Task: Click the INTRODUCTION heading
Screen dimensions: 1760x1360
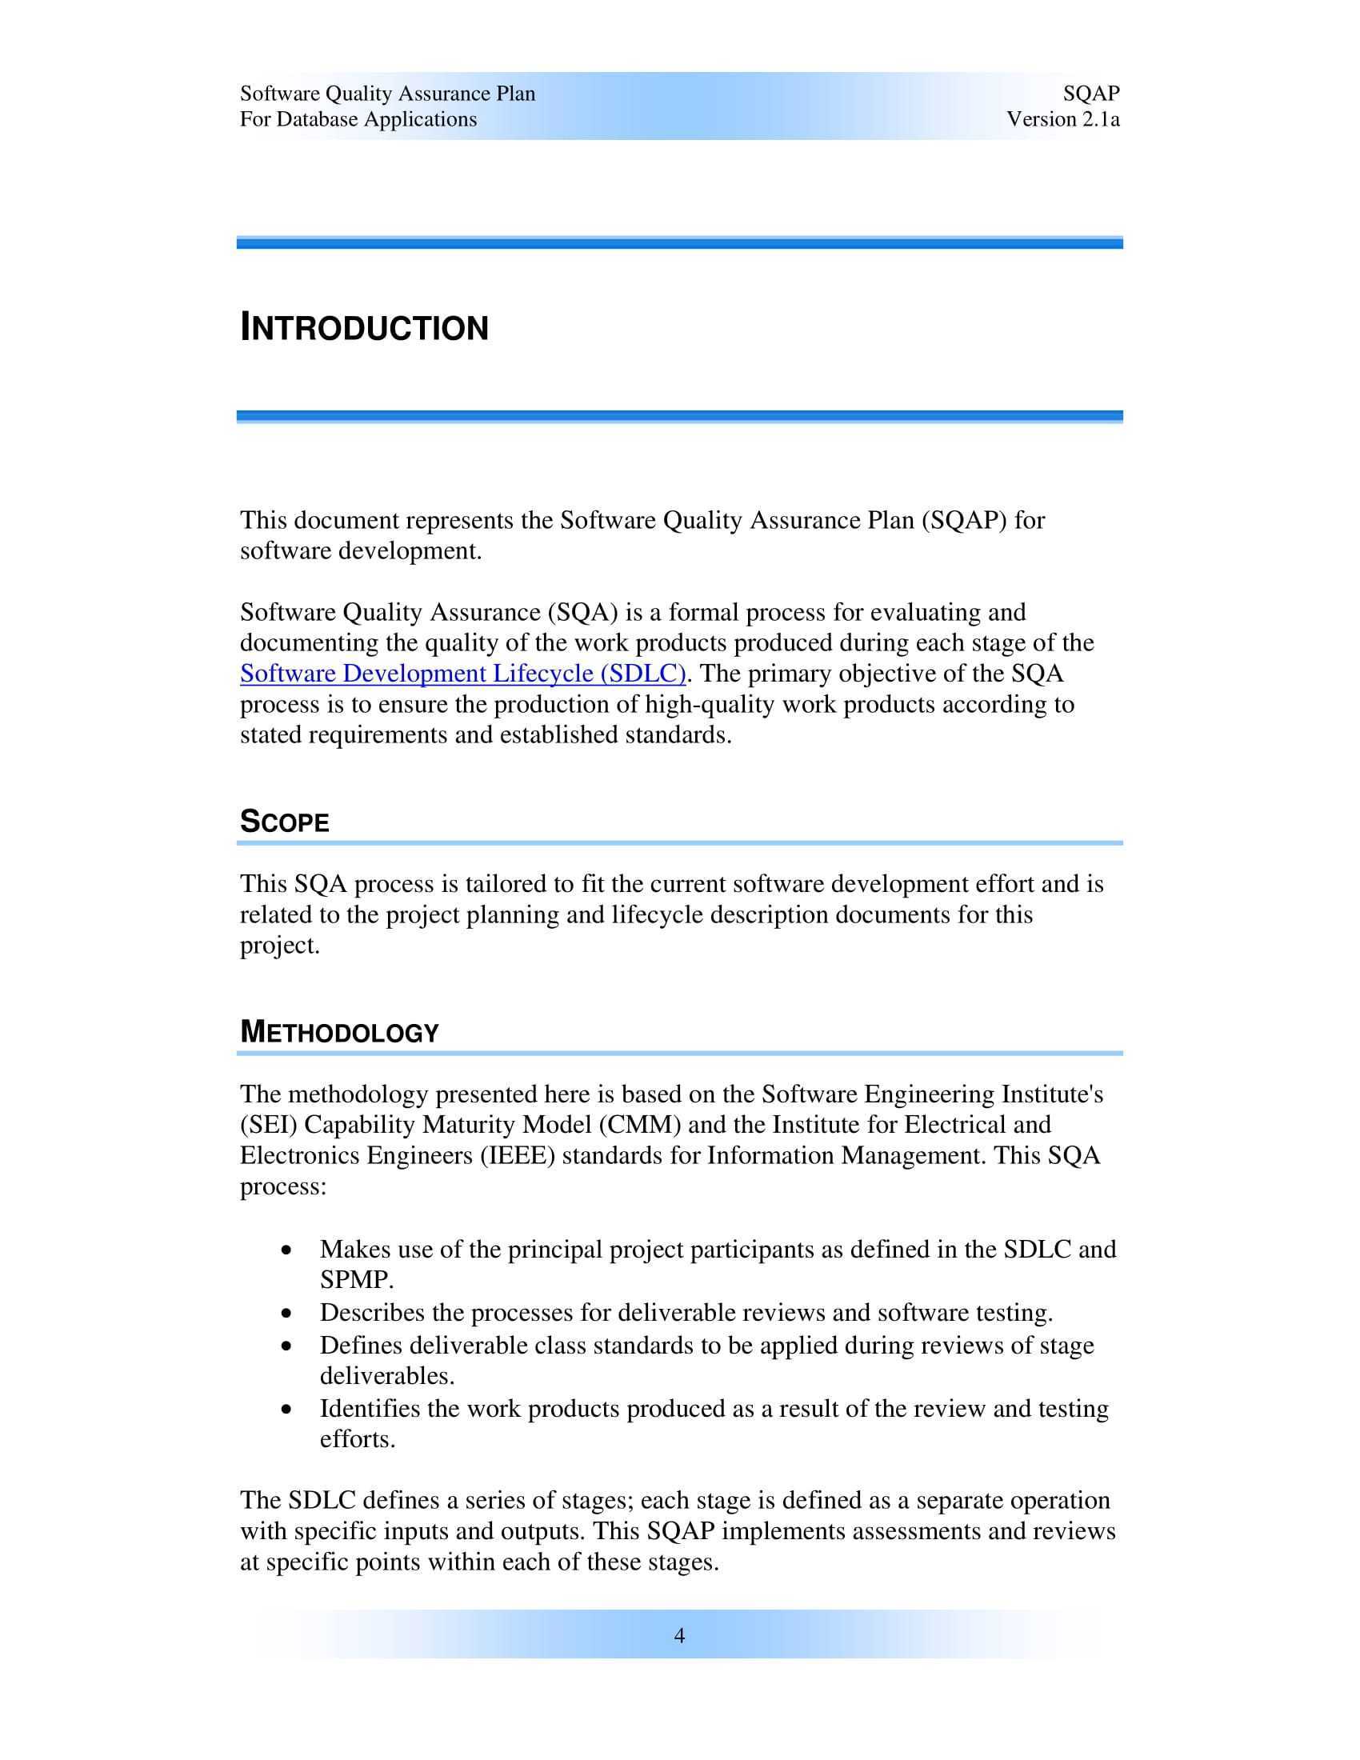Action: click(364, 329)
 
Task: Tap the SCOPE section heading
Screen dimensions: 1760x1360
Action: click(285, 822)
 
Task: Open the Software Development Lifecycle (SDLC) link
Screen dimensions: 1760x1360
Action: click(462, 674)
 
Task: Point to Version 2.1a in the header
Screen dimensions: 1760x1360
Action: click(1062, 119)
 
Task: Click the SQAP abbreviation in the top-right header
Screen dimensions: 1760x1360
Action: click(1091, 94)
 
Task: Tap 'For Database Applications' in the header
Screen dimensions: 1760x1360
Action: click(358, 119)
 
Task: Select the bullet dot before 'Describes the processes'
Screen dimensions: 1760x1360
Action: click(287, 1314)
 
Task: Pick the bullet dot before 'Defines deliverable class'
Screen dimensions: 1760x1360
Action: click(287, 1346)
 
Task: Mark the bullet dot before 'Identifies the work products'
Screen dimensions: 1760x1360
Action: click(287, 1410)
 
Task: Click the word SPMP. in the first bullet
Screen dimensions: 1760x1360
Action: click(357, 1280)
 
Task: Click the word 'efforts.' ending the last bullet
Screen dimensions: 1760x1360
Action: click(357, 1439)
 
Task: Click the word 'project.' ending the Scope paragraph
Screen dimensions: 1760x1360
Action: click(279, 946)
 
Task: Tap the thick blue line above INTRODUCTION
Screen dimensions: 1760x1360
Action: click(679, 242)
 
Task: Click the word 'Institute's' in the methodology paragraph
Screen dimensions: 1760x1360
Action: click(1051, 1094)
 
